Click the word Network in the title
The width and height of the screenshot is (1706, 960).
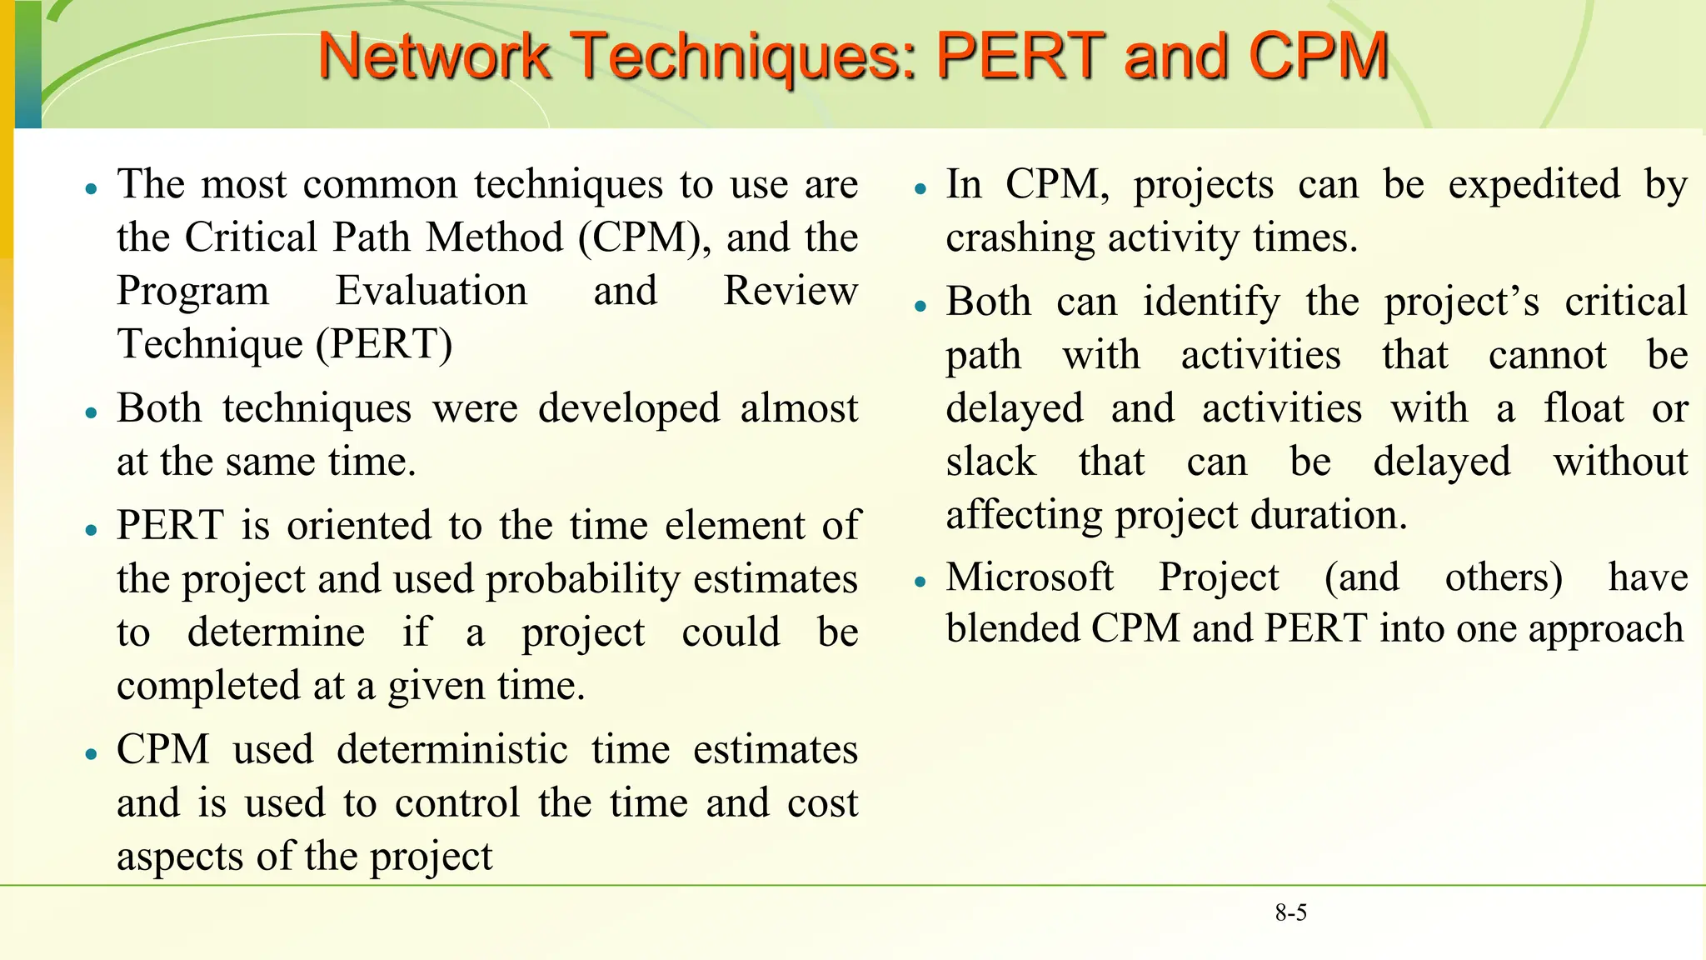click(434, 56)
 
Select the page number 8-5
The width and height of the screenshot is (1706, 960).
click(1290, 913)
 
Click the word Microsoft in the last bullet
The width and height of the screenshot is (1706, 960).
click(1030, 577)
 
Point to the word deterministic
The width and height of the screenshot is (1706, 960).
click(452, 749)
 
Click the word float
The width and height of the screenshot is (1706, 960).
click(1584, 408)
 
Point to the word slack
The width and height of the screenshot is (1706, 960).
click(991, 462)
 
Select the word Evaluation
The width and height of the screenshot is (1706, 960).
click(431, 291)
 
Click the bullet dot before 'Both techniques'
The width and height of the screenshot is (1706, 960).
click(92, 412)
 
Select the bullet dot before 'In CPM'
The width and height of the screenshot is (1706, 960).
click(920, 189)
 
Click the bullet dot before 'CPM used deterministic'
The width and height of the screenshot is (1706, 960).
click(92, 754)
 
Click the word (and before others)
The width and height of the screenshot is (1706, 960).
click(1362, 577)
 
